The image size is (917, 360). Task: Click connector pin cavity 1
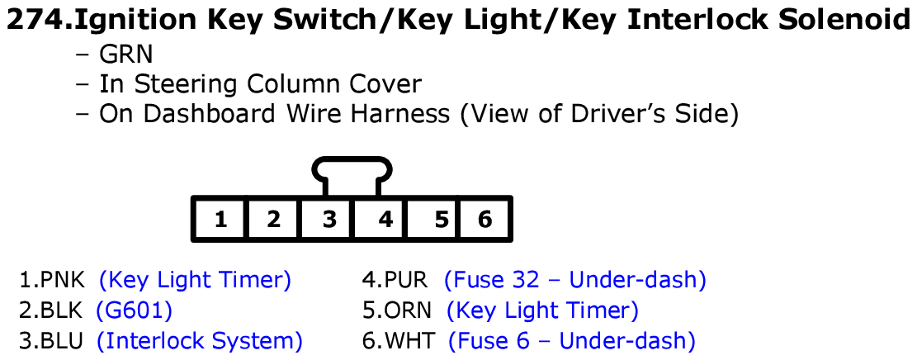220,220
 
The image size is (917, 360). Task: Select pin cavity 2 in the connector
274,220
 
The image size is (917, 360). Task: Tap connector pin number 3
329,220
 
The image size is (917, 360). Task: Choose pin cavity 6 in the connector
485,220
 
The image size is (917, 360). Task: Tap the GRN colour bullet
125,55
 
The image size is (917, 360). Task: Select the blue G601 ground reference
134,310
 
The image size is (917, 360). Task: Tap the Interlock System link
199,340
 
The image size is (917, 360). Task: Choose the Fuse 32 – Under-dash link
574,280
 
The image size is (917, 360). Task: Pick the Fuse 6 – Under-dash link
571,340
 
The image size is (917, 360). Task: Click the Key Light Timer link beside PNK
195,280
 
